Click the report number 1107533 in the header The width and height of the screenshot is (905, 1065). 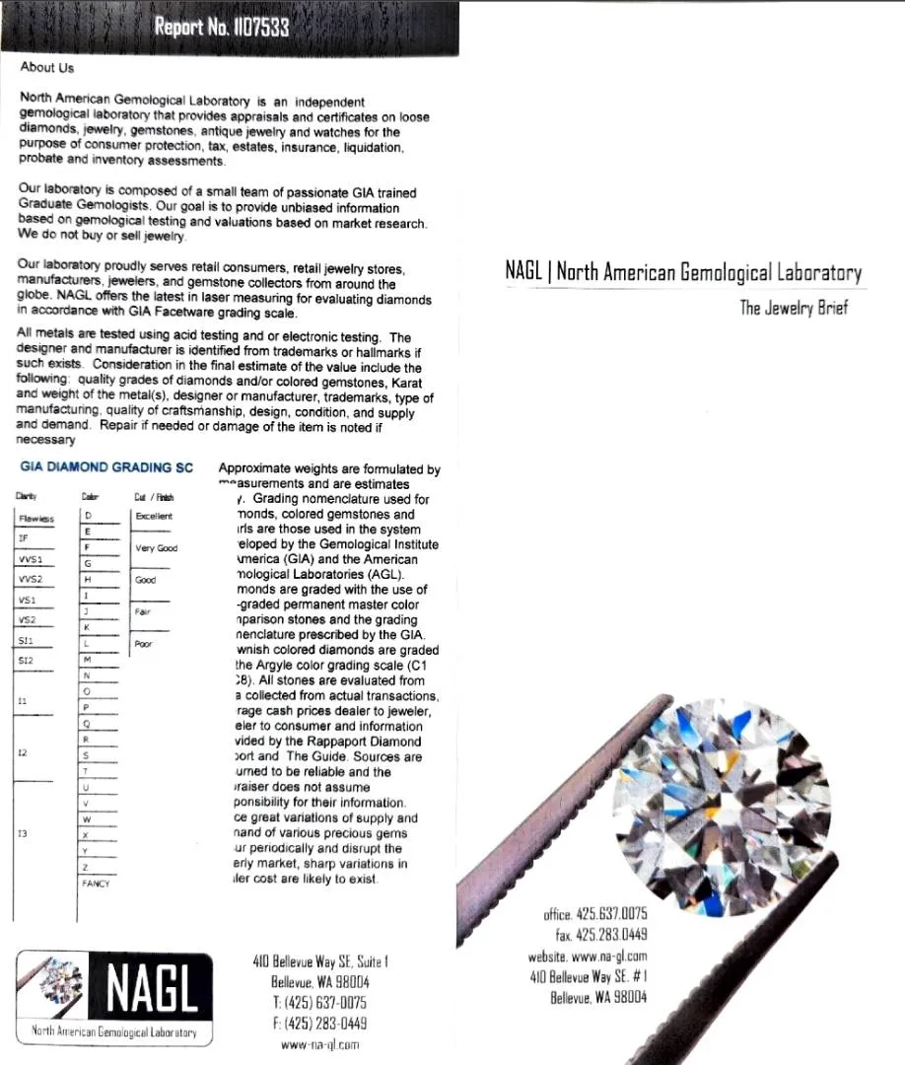tap(254, 28)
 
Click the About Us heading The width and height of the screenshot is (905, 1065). tap(46, 68)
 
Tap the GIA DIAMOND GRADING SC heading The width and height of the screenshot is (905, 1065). tap(106, 466)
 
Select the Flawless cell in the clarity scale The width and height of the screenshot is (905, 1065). tap(36, 518)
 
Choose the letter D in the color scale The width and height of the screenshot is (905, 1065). tap(89, 515)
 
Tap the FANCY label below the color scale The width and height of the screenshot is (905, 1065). tap(96, 884)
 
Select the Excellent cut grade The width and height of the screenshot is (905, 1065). tap(153, 516)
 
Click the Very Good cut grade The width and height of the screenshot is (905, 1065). tap(156, 548)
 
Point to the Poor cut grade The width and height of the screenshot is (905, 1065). tap(144, 644)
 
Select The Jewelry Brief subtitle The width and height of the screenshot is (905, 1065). tap(794, 308)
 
